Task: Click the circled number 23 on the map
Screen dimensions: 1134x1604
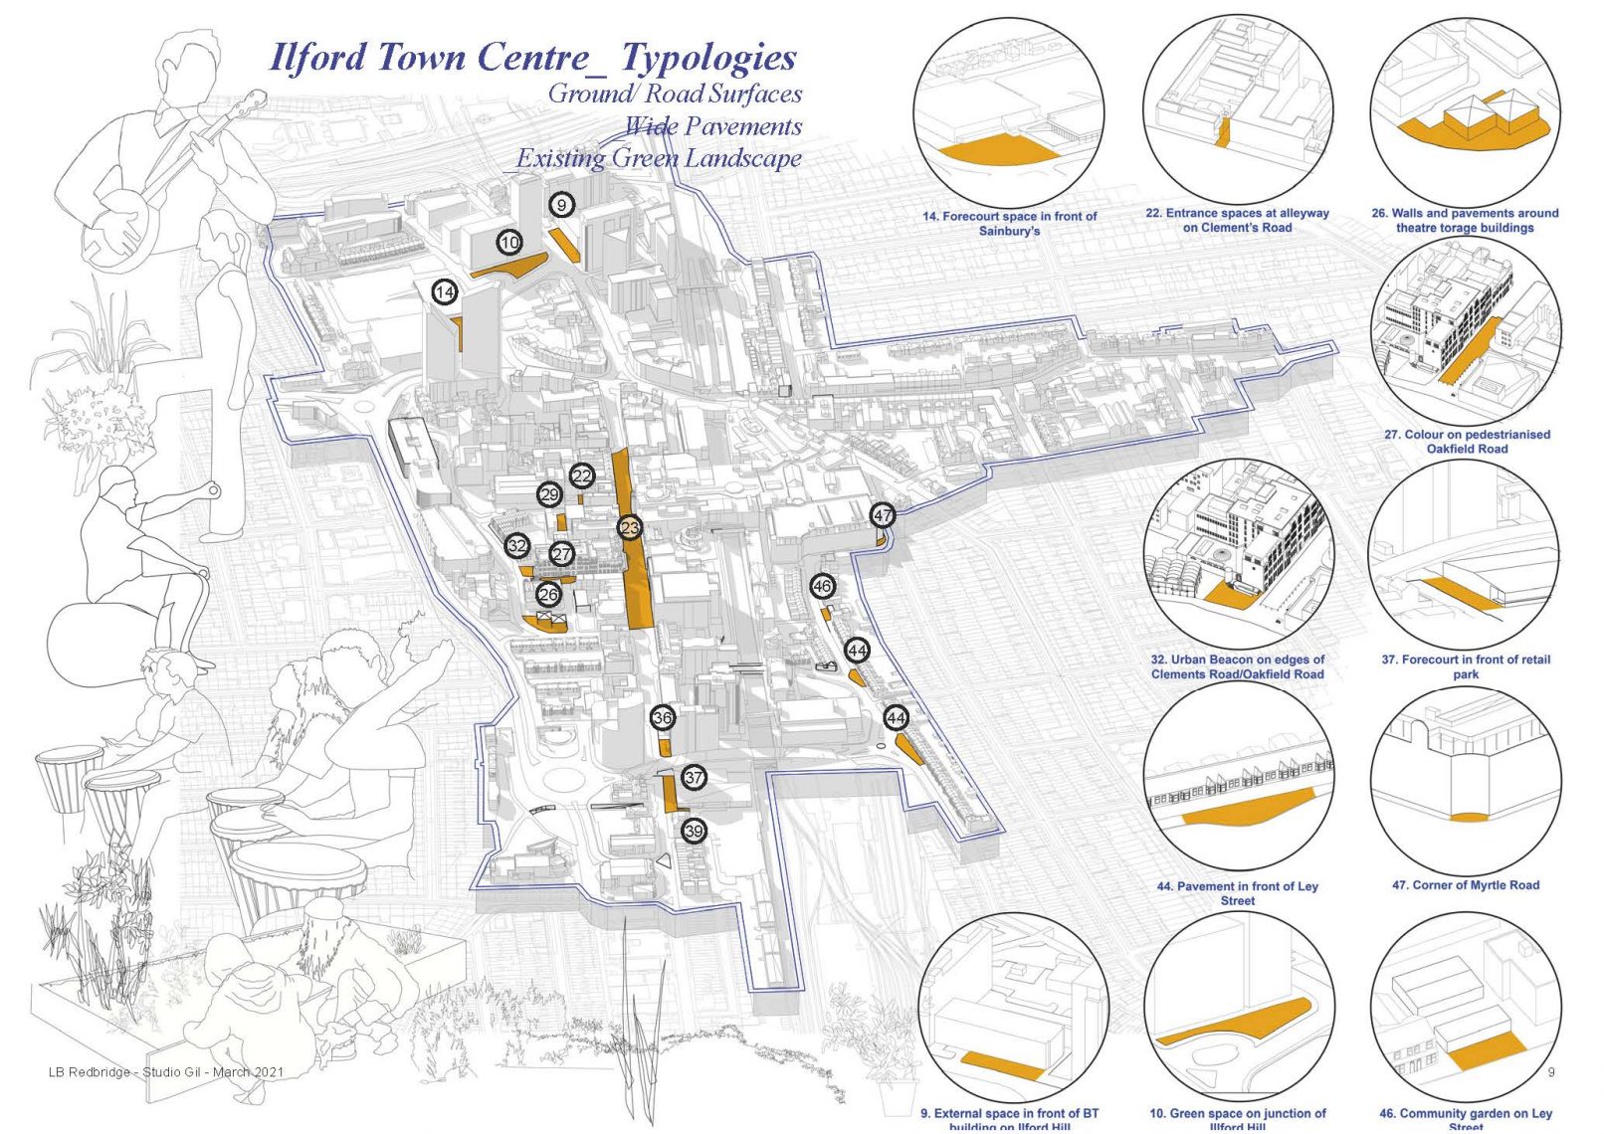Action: pos(630,527)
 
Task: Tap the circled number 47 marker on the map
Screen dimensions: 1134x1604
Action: pos(883,515)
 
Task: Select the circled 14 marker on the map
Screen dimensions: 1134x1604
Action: pos(445,292)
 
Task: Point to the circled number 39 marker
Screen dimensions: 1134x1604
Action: pos(694,831)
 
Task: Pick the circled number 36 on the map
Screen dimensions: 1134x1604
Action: pos(664,717)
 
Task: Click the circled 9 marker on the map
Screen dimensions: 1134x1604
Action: pos(562,205)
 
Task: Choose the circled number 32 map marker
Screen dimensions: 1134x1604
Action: pos(516,545)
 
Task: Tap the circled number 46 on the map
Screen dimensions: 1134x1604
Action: pos(822,586)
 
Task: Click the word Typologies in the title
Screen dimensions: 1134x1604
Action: pos(708,57)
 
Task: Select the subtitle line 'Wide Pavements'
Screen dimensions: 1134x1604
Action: pos(712,126)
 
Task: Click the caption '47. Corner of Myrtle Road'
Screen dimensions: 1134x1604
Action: pos(1465,884)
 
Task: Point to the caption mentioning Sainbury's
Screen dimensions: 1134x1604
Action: pos(1009,224)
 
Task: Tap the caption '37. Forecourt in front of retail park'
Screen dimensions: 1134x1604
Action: pos(1465,666)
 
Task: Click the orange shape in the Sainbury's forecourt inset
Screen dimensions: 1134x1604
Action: pos(995,151)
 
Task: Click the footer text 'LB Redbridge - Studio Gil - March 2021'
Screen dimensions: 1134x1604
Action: pos(166,1071)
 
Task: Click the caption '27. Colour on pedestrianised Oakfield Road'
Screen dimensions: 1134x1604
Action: pos(1467,442)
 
